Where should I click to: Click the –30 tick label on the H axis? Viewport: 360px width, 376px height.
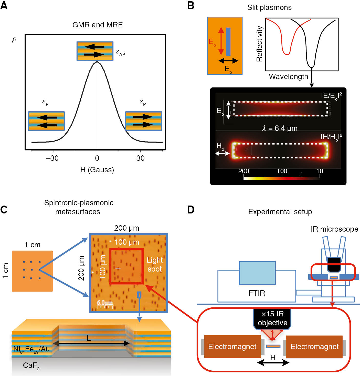point(52,158)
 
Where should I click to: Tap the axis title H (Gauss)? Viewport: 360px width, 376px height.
point(97,170)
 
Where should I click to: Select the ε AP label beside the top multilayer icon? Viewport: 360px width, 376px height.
point(120,53)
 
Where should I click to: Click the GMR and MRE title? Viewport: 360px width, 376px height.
point(97,25)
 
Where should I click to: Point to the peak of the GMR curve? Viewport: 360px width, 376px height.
point(97,62)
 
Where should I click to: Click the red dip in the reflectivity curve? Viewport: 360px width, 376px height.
point(287,53)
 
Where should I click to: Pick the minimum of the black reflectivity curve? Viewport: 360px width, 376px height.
point(311,67)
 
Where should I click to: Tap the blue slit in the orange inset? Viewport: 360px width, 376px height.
point(228,41)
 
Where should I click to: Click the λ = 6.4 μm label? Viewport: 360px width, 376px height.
point(280,128)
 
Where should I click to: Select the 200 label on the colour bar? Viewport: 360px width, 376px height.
point(243,171)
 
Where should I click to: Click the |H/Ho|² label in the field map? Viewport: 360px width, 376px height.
point(331,137)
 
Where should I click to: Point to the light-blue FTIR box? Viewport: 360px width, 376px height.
point(257,273)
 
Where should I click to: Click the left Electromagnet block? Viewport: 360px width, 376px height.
point(232,347)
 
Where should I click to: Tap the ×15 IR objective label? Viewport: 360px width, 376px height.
point(272,318)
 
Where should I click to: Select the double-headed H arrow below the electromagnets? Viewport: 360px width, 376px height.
point(273,362)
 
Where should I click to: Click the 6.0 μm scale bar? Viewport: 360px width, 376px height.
point(105,304)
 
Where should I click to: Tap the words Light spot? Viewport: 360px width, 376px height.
point(154,265)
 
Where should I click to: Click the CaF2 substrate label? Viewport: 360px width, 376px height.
point(31,366)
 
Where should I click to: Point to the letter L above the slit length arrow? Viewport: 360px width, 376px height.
point(89,338)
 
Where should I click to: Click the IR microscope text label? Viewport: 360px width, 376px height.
point(334,229)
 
